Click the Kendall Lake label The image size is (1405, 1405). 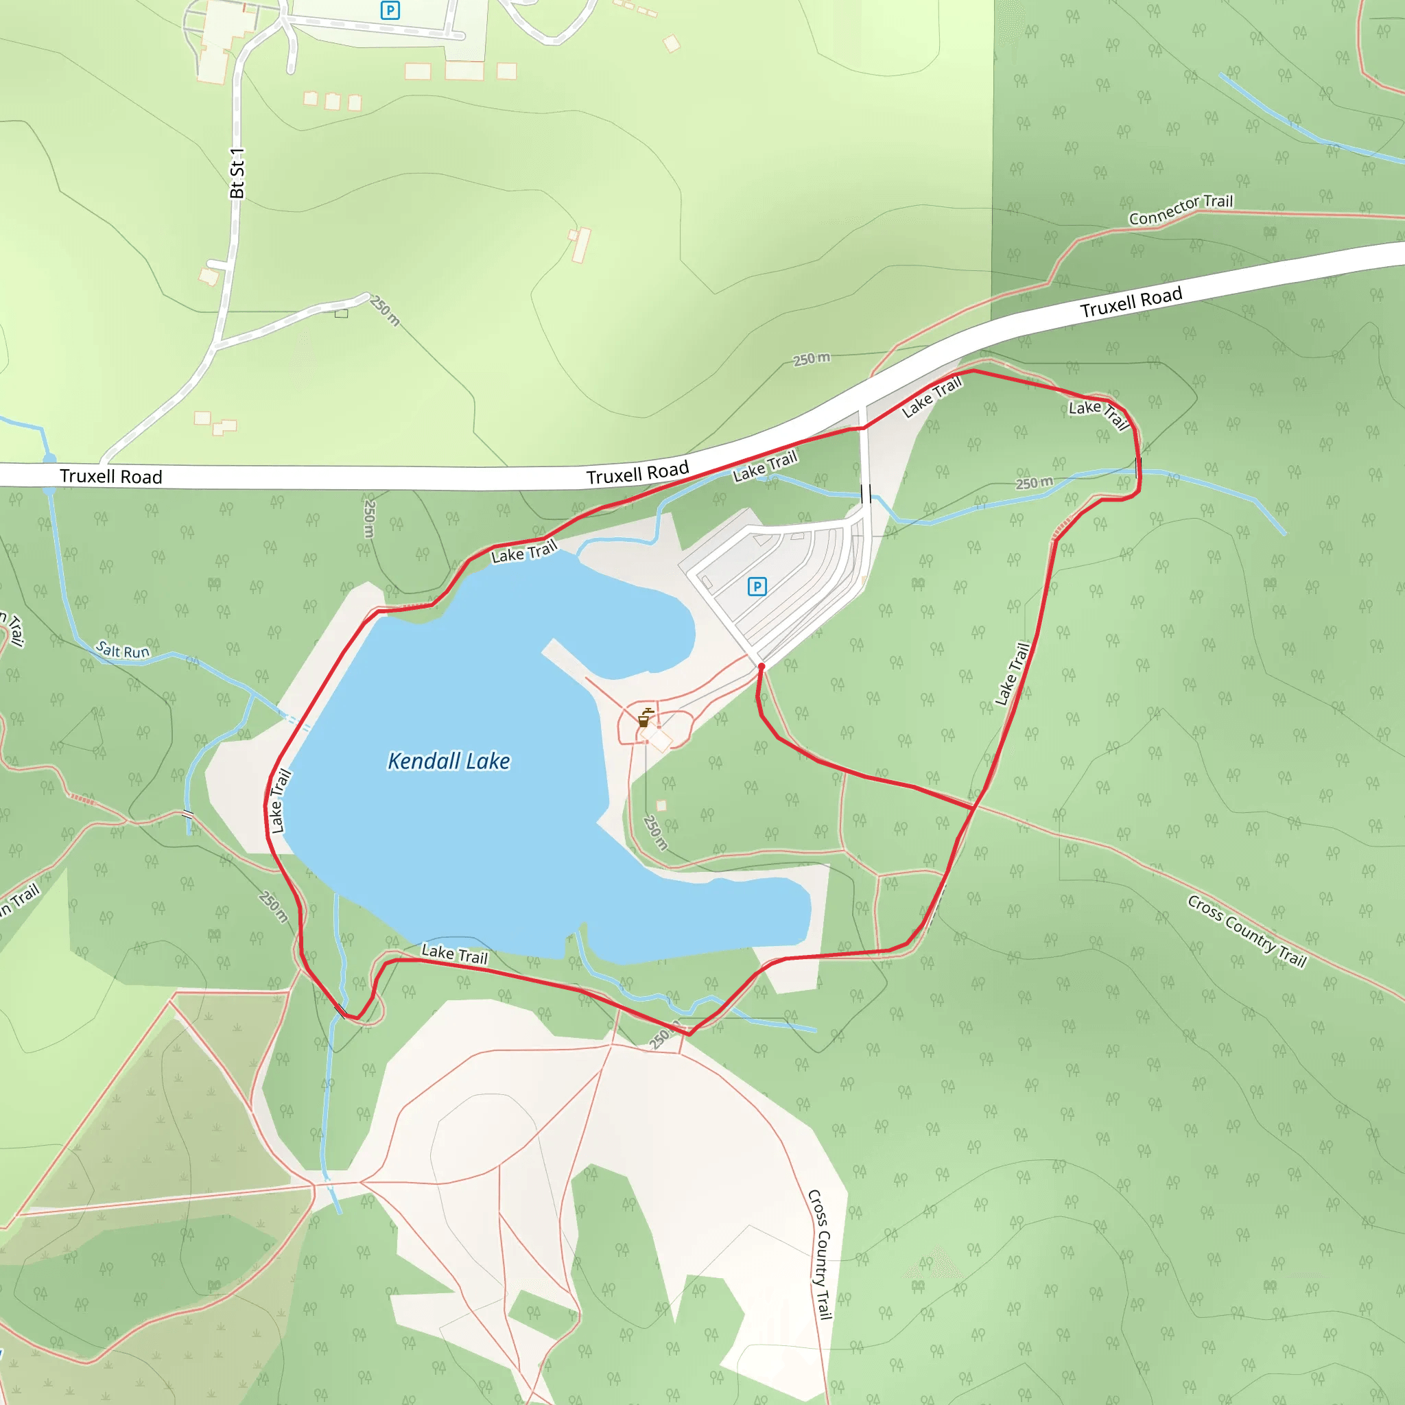pos(449,761)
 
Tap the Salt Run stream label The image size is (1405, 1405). pos(123,650)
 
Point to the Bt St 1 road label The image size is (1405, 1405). pos(237,173)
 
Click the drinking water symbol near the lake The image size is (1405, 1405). pos(644,718)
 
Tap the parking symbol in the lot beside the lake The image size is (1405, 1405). pos(757,586)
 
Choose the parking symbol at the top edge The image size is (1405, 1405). pos(390,10)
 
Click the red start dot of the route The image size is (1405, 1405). pos(761,666)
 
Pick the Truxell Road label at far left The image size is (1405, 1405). pos(110,476)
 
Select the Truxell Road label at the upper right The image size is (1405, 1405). pos(1131,302)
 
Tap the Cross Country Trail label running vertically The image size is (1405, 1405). pos(820,1255)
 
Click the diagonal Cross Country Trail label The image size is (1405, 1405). pos(1247,932)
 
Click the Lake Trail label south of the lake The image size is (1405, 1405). pos(455,954)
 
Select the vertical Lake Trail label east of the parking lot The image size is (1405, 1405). pos(1013,674)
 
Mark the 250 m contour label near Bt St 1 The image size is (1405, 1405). pos(385,311)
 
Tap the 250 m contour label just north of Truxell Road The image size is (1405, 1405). pos(811,359)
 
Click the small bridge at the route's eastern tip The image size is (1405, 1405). pos(1138,467)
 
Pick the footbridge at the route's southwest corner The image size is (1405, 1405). pos(341,1010)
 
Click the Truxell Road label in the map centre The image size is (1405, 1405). pos(637,473)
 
